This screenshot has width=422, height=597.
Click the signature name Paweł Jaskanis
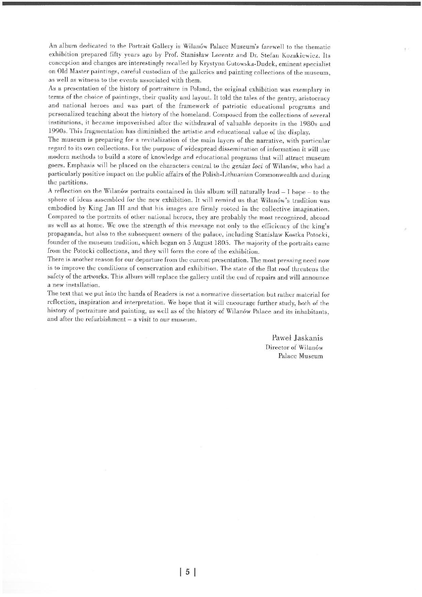297,338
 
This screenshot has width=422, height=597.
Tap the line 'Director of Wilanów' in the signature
294,347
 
